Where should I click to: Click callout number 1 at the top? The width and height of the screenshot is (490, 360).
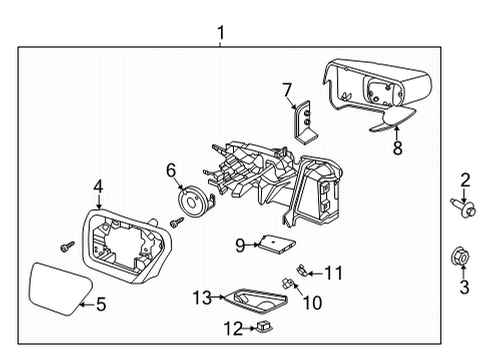(x=222, y=35)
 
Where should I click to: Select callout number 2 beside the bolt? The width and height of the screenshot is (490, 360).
(x=464, y=180)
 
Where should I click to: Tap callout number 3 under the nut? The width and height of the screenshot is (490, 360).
(x=464, y=290)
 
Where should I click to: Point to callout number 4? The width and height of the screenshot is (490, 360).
(x=98, y=185)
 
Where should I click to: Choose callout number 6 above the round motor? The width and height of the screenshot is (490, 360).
(x=171, y=171)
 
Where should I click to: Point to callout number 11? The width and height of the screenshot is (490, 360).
(x=334, y=271)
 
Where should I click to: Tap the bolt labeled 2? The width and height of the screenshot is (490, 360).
(x=463, y=211)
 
